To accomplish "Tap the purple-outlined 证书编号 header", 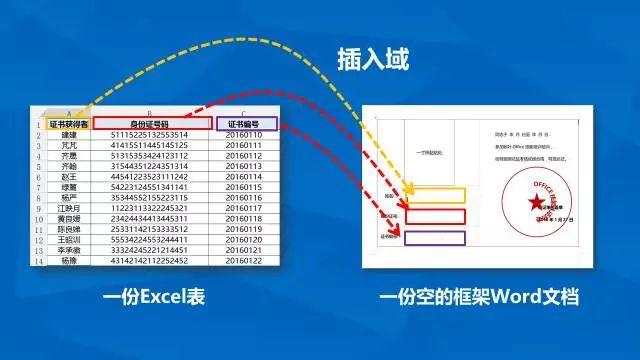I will click(244, 124).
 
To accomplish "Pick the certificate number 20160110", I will click(244, 135).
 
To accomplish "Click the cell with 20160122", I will click(244, 261).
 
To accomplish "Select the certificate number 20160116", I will click(244, 198).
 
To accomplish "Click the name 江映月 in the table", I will click(68, 208).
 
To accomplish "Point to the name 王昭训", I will click(68, 240).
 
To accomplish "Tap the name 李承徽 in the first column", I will click(68, 250).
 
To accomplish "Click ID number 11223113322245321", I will click(148, 208).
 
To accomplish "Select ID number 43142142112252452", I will click(148, 261).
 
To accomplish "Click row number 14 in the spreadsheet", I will click(38, 261).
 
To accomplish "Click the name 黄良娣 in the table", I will click(68, 219).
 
